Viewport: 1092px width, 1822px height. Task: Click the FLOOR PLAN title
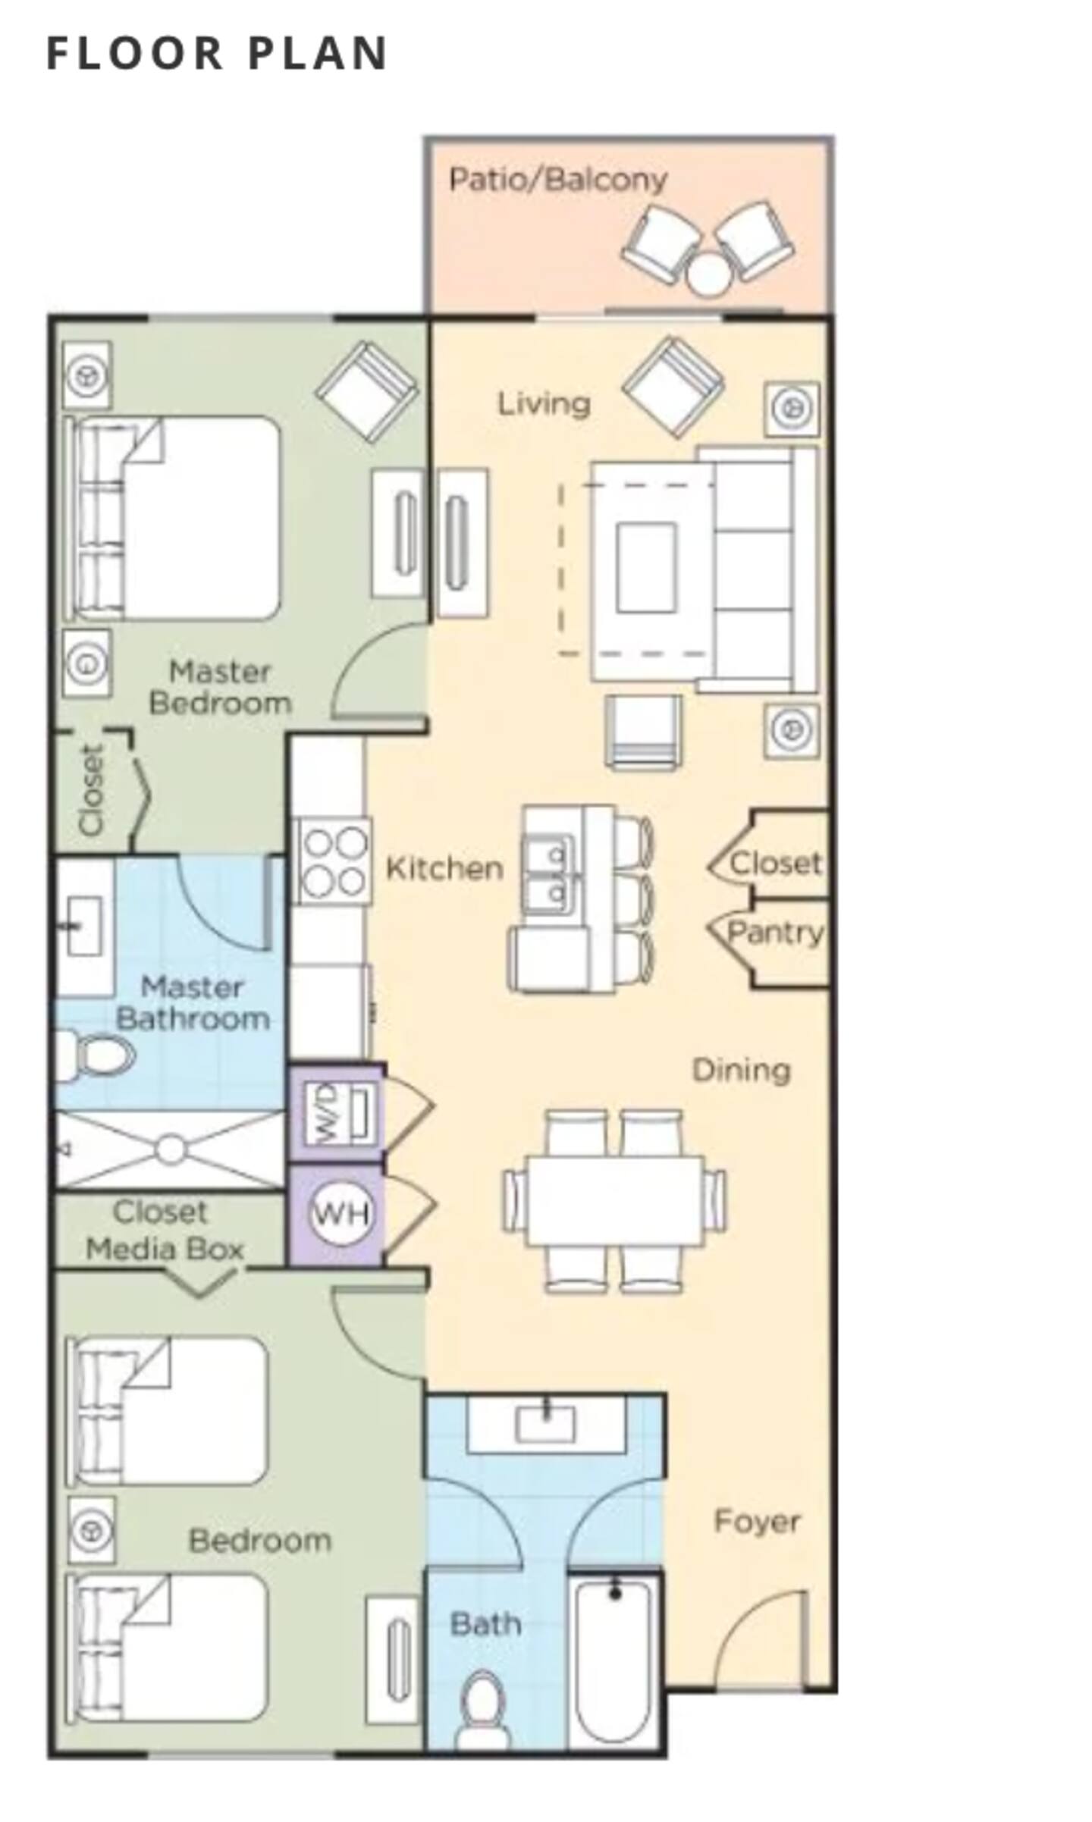pos(217,53)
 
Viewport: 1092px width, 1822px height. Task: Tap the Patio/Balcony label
pos(558,180)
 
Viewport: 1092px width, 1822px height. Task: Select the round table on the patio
pos(709,274)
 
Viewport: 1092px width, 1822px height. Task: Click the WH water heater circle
pos(341,1215)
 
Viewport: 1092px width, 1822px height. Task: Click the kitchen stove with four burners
pos(333,861)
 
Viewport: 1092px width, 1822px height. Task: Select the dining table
pos(615,1200)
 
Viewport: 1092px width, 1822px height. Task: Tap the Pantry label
pos(774,933)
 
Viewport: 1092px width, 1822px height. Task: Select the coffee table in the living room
pos(646,567)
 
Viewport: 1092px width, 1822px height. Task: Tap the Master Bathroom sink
pos(84,926)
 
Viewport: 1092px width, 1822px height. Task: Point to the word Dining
pos(742,1071)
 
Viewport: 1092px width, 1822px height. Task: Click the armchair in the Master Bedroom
pos(367,391)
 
